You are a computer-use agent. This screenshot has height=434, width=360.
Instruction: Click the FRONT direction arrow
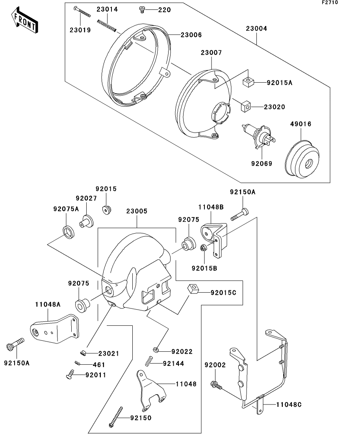[x=24, y=21]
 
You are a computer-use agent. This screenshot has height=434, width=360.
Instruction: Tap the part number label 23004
[x=256, y=29]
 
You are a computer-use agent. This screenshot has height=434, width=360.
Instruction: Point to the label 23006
[x=191, y=35]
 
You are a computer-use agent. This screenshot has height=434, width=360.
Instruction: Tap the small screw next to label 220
[x=142, y=9]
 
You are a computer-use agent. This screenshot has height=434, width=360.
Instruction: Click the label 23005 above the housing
[x=137, y=211]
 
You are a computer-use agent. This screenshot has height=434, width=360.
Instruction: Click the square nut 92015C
[x=192, y=289]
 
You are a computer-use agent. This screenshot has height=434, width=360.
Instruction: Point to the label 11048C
[x=289, y=404]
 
